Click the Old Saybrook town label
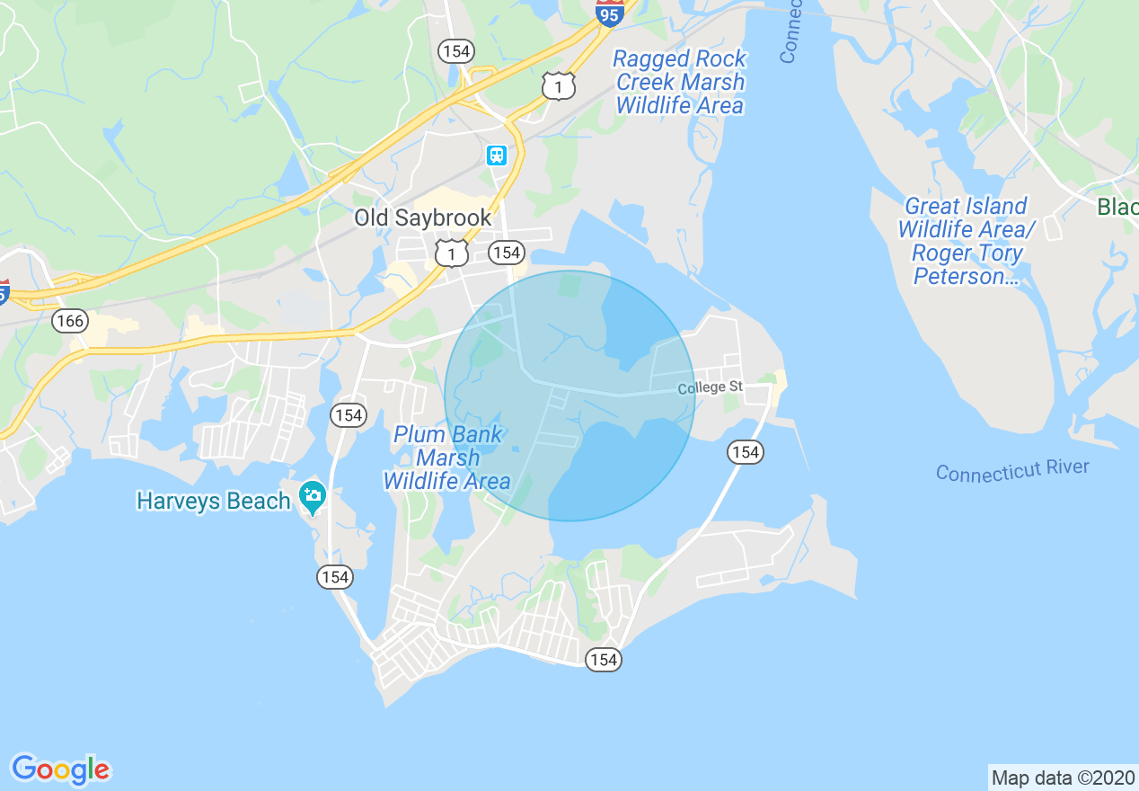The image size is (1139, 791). (x=422, y=218)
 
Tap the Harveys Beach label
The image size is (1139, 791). (x=213, y=501)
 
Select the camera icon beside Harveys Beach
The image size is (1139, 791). (x=313, y=494)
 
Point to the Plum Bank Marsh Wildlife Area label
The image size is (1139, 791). (x=447, y=458)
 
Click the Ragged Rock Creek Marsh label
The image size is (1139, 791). (x=679, y=82)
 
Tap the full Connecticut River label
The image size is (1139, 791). (x=1012, y=470)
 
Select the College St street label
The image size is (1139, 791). (x=710, y=387)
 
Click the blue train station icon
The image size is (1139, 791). (x=497, y=156)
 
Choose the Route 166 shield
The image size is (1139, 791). (x=69, y=320)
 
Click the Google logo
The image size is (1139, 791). (x=60, y=769)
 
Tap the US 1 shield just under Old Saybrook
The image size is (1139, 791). (x=451, y=253)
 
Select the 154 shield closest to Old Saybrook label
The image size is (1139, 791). (x=507, y=253)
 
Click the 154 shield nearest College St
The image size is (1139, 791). (x=746, y=452)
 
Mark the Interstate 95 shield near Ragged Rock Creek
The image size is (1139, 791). (x=610, y=13)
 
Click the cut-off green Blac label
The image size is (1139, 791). (x=1117, y=208)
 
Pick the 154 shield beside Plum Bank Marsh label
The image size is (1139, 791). (x=348, y=414)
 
